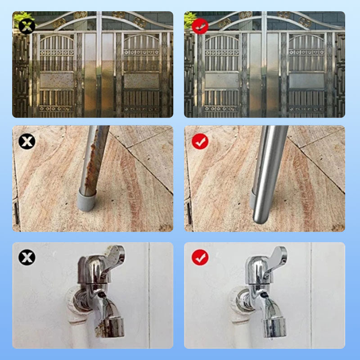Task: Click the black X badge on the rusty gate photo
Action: point(27,26)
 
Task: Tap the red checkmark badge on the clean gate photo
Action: point(199,26)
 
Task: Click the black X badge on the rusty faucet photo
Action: point(27,257)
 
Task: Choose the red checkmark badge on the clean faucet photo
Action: point(199,257)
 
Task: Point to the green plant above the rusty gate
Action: point(21,17)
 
